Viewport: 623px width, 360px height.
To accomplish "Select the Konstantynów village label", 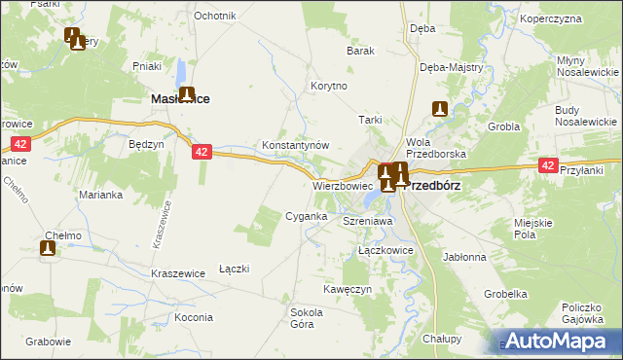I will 296,144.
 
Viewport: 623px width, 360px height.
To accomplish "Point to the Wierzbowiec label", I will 343,185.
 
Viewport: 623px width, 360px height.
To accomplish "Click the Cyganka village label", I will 305,215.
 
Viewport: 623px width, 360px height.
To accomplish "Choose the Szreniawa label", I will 367,222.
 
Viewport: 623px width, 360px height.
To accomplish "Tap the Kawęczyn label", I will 348,289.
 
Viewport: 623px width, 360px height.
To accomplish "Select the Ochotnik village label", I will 215,16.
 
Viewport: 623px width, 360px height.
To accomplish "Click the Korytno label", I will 329,86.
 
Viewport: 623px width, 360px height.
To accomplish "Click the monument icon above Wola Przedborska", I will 440,110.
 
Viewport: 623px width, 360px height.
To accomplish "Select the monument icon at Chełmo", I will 47,248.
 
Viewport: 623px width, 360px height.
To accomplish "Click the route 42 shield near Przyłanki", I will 548,166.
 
